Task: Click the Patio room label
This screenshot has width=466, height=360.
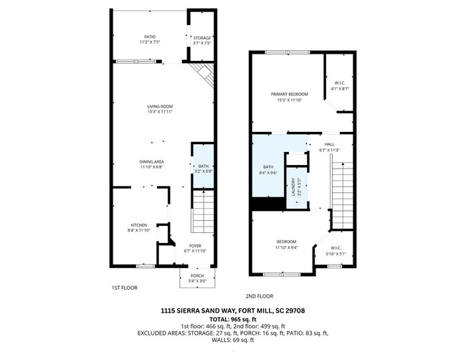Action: [x=150, y=39]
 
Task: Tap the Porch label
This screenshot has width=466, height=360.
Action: [x=196, y=278]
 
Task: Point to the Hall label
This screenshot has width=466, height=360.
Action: [x=329, y=147]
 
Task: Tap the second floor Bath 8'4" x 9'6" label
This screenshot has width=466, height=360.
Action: [x=267, y=169]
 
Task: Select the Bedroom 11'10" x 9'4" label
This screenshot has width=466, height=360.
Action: [x=286, y=244]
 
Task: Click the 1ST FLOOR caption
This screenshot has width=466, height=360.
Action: [x=124, y=288]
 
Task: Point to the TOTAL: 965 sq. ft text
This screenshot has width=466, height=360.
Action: [x=232, y=319]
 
